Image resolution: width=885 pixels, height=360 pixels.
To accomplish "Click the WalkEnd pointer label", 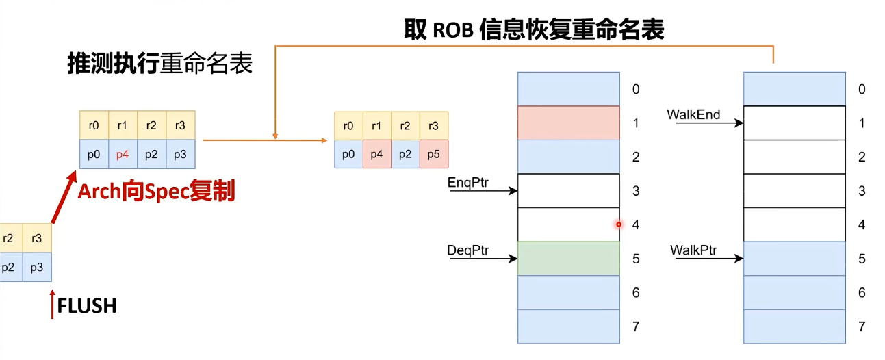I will pos(693,114).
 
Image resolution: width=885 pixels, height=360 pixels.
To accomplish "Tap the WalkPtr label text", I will pos(693,250).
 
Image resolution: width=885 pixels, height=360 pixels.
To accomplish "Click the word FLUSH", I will pos(87,306).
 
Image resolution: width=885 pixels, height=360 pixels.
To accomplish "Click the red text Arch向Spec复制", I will pos(156,192).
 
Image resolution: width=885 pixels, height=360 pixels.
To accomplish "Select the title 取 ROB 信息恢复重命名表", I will pos(534,29).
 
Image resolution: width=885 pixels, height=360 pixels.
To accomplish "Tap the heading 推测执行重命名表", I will pos(159,64).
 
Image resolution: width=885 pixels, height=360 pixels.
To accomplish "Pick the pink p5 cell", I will pos(434,155).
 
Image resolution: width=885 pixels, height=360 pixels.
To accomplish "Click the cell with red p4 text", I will pos(123,155).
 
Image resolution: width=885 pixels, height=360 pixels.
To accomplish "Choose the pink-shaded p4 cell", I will pos(376,155).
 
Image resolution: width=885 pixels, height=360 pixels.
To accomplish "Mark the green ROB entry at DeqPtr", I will pos(569,259).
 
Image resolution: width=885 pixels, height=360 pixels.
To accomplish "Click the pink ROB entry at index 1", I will pos(569,123).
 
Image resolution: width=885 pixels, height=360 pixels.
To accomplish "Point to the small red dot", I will pos(619,224).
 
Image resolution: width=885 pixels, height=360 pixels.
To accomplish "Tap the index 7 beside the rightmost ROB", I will pos(861,326).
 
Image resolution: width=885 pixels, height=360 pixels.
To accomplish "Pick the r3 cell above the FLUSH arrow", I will pos(37,239).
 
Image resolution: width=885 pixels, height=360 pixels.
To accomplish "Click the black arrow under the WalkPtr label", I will pos(715,259).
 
